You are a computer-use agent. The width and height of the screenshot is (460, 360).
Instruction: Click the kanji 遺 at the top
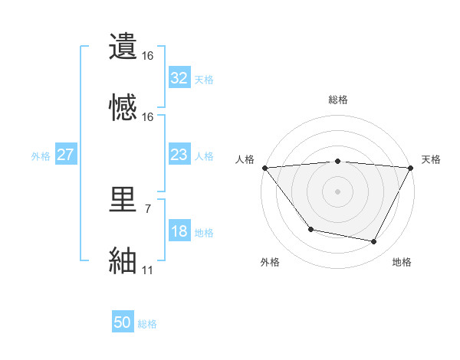pyautogui.click(x=123, y=46)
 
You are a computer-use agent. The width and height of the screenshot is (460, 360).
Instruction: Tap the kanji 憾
pyautogui.click(x=123, y=106)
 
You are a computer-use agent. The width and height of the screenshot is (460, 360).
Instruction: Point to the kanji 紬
pyautogui.click(x=123, y=260)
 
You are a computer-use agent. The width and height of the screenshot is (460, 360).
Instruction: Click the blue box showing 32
pyautogui.click(x=179, y=78)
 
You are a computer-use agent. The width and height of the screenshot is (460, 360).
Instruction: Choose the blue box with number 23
pyautogui.click(x=179, y=155)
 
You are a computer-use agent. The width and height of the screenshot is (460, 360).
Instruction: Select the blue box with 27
pyautogui.click(x=66, y=155)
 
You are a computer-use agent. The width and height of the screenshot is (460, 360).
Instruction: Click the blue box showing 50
pyautogui.click(x=123, y=323)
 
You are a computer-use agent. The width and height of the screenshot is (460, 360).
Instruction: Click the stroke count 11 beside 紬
pyautogui.click(x=147, y=270)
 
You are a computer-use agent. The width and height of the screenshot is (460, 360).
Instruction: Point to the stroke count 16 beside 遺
pyautogui.click(x=147, y=56)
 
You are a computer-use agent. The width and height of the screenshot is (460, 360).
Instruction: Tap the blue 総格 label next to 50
pyautogui.click(x=147, y=324)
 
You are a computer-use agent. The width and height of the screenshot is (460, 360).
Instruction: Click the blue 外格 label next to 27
pyautogui.click(x=41, y=156)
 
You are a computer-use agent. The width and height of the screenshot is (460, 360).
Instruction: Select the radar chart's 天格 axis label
pyautogui.click(x=431, y=159)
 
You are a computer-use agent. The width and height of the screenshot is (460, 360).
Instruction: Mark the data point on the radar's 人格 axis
pyautogui.click(x=264, y=167)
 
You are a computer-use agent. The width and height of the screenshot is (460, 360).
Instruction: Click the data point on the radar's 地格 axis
pyautogui.click(x=374, y=242)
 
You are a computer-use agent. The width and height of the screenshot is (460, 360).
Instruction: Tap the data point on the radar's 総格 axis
pyautogui.click(x=337, y=161)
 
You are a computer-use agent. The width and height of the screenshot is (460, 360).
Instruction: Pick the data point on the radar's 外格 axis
pyautogui.click(x=310, y=229)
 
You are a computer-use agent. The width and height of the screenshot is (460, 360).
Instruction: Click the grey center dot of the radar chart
pyautogui.click(x=337, y=191)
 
